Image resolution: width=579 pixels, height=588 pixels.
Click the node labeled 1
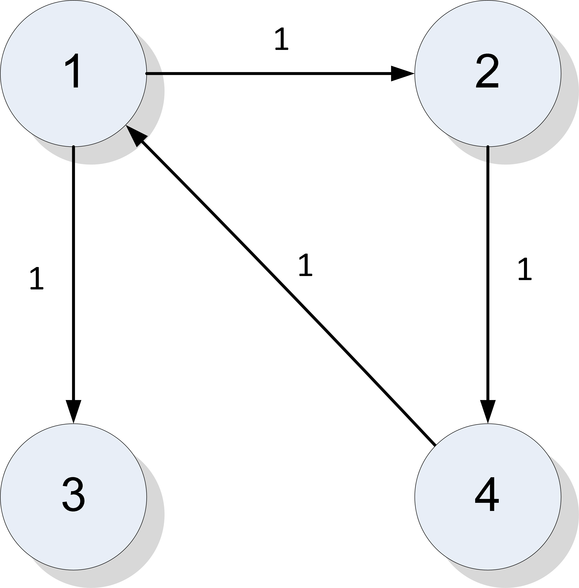73,73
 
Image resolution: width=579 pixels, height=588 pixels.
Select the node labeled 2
488,73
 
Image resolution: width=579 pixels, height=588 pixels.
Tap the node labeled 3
73,497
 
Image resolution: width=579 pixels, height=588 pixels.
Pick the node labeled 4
488,497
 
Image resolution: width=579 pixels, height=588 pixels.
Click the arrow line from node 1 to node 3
73,274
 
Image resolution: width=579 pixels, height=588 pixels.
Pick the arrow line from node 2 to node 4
488,274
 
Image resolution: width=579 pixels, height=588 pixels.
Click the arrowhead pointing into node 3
73,410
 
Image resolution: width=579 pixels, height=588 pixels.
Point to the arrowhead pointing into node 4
488,410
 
